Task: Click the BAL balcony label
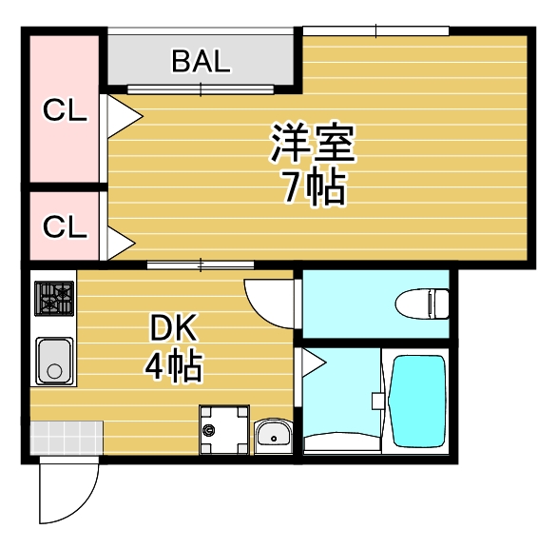(x=202, y=61)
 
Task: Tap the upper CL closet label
(x=65, y=109)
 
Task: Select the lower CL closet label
(x=65, y=226)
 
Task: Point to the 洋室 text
(x=314, y=143)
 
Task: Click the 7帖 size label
(x=314, y=187)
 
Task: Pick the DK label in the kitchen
(x=173, y=327)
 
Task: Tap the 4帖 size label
(x=174, y=365)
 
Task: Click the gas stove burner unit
(x=54, y=299)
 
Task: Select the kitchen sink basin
(x=54, y=362)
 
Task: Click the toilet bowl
(x=422, y=304)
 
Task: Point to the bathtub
(x=418, y=402)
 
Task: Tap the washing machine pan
(x=224, y=429)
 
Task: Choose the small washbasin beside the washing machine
(x=274, y=436)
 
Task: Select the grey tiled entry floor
(x=67, y=438)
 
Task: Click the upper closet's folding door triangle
(x=125, y=116)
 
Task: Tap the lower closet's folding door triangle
(x=121, y=244)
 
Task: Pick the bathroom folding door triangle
(x=314, y=363)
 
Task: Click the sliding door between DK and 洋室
(x=201, y=265)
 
